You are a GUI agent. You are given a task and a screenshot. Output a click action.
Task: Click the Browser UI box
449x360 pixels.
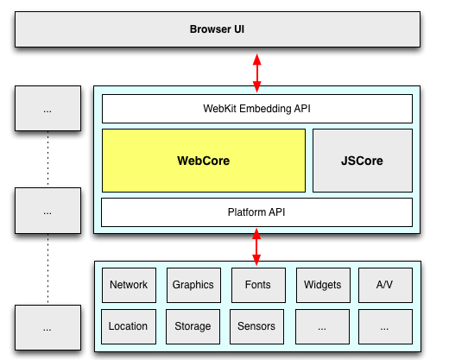coord(217,30)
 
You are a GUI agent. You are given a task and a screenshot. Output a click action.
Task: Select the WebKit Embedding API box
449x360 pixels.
coord(256,109)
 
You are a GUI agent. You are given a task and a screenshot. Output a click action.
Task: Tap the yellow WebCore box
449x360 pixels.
coord(204,161)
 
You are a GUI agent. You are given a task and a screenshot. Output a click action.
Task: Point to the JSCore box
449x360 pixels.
coord(362,161)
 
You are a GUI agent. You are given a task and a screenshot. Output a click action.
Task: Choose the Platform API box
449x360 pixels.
coord(256,212)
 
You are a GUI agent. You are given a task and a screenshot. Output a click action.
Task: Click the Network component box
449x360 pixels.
coord(129,285)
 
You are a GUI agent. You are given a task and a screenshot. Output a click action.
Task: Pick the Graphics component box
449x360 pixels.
coord(193,285)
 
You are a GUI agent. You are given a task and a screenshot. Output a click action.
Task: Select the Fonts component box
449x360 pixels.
coord(257,285)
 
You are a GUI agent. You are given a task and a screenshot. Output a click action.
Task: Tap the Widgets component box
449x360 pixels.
coord(321,285)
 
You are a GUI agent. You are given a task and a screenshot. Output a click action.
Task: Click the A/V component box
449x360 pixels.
coord(385,285)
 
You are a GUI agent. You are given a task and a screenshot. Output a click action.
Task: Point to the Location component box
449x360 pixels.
coord(129,326)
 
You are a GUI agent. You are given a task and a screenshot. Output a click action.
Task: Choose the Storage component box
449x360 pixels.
coord(193,326)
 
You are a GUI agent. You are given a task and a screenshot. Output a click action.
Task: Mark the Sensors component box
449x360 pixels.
coord(257,326)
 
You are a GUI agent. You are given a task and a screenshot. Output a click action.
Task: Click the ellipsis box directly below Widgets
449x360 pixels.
coord(321,326)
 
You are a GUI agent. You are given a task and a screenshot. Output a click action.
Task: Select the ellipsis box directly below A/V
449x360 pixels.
coord(385,326)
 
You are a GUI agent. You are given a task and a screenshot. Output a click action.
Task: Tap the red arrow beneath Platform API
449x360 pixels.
coord(256,246)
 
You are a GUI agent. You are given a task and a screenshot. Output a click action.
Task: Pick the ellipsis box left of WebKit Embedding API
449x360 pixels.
coord(47,111)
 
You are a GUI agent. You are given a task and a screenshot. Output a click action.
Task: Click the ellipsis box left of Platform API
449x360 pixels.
coord(47,211)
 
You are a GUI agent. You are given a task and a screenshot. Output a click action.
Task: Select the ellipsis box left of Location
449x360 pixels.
coord(47,327)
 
